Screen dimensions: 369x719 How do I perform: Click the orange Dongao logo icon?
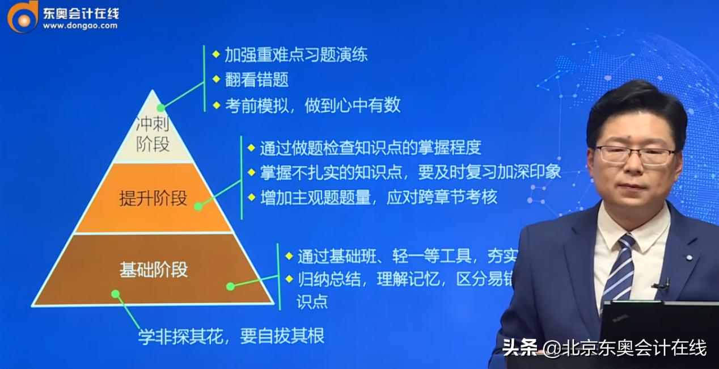coord(22,16)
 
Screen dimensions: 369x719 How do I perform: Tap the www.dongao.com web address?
coord(80,26)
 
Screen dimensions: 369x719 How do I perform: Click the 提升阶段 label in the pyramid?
coord(153,198)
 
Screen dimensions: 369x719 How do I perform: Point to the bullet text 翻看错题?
coord(256,79)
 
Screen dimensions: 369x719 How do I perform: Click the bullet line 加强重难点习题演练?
coord(296,54)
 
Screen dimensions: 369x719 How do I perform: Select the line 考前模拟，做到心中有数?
coord(312,105)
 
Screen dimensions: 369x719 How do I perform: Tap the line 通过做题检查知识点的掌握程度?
coord(370,148)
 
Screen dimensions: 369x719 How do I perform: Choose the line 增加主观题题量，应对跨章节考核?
coord(378,197)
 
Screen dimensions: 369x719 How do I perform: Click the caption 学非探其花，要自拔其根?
coord(231,336)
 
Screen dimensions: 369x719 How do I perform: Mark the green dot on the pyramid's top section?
coord(161,107)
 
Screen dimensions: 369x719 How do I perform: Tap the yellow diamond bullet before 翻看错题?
coord(215,79)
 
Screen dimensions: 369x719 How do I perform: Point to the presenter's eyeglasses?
coord(635,154)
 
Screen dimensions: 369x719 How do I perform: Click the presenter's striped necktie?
coord(620,267)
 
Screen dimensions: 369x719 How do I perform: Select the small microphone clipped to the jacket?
coord(662,285)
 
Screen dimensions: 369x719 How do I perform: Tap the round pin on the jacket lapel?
coord(689,257)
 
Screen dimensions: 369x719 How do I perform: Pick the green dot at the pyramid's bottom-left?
coord(116,294)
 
